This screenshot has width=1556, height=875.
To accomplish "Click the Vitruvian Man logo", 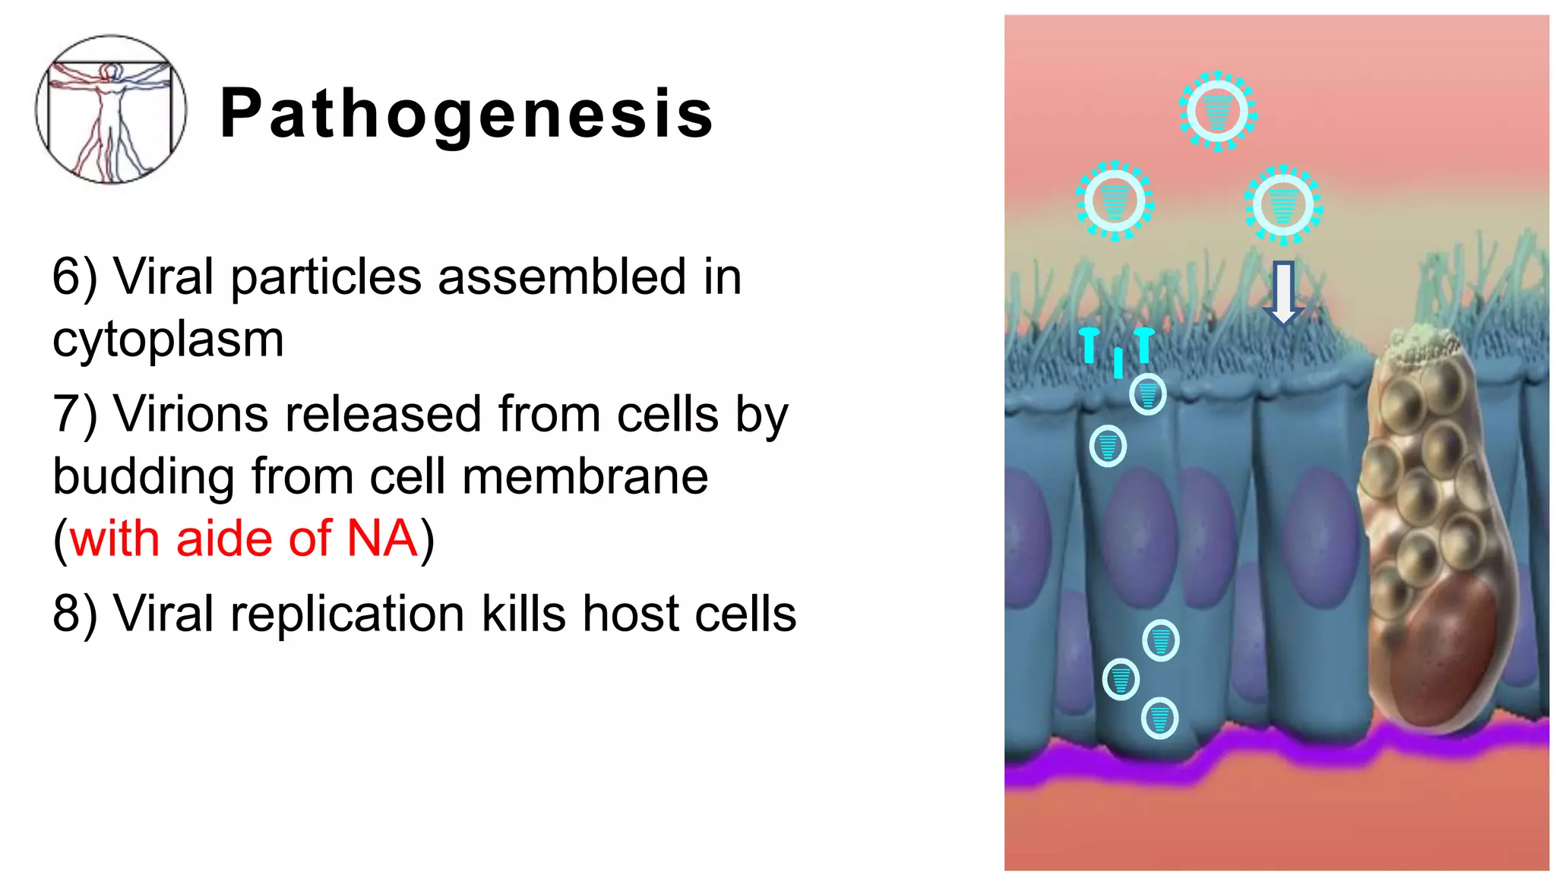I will coord(111,109).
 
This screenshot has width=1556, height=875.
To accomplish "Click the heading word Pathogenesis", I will coord(466,114).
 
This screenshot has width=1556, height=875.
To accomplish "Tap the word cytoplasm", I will coord(168,339).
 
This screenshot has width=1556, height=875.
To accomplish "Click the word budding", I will coord(143,477).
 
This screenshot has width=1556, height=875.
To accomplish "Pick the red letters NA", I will coord(381,539).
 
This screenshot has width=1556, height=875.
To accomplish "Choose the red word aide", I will coord(224,539).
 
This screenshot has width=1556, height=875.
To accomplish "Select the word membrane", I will coord(585,477).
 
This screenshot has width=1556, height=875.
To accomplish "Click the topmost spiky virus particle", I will coord(1217,112).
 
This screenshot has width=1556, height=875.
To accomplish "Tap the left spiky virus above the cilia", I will coord(1115,201).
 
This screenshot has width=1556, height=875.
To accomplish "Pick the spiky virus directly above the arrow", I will coord(1283,204).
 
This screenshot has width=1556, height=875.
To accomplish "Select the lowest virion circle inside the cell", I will coord(1159,717).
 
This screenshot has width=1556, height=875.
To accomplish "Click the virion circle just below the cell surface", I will coord(1147,393).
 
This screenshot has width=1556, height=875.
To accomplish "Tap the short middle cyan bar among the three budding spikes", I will coord(1118,362).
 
